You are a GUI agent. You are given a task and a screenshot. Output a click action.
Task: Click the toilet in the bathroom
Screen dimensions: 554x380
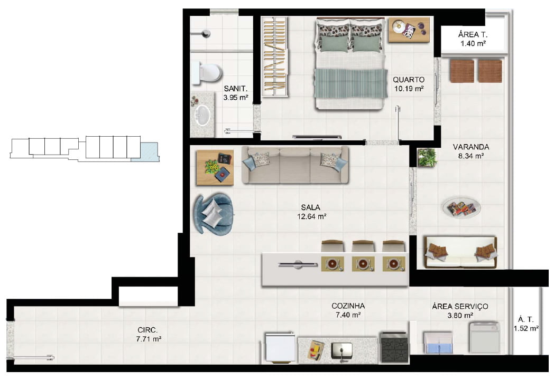tap(207, 73)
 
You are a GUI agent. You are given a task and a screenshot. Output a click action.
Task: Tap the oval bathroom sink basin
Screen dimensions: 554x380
tap(203, 115)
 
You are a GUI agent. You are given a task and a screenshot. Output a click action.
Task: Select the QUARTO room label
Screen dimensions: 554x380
tap(409, 80)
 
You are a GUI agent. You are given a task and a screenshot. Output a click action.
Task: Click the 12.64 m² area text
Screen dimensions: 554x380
tap(311, 216)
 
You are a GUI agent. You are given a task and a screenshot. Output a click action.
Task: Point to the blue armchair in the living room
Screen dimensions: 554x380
tap(214, 214)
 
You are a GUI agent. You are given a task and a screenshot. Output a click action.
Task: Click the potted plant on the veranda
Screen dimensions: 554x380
tap(427, 157)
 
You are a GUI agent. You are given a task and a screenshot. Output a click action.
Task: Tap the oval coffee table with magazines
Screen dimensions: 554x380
tap(461, 208)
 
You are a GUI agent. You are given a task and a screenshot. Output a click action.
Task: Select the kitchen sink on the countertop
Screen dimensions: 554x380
tap(342, 351)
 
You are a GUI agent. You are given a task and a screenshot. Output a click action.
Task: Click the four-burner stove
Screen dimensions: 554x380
tap(394, 347)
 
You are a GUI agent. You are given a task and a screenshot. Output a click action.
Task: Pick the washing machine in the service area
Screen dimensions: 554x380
tap(484, 337)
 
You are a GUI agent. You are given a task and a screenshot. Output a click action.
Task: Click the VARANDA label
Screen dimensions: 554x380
tap(471, 147)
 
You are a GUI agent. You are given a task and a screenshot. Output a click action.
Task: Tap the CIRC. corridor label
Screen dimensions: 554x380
tap(147, 330)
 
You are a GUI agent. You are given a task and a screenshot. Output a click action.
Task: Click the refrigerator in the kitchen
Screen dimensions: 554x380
tap(280, 347)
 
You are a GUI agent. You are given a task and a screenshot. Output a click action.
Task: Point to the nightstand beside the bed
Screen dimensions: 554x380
tap(409, 30)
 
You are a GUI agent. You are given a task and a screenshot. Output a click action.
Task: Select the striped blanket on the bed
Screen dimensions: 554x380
tap(351, 83)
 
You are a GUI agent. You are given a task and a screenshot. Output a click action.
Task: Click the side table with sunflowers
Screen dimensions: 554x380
tap(215, 167)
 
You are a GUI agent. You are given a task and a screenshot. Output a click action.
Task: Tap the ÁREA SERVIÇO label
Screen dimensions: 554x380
tap(460, 307)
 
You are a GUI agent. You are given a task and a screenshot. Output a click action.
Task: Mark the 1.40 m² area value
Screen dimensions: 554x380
tap(473, 44)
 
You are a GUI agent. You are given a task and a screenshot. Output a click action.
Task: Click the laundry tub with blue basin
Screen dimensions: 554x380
tap(438, 343)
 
